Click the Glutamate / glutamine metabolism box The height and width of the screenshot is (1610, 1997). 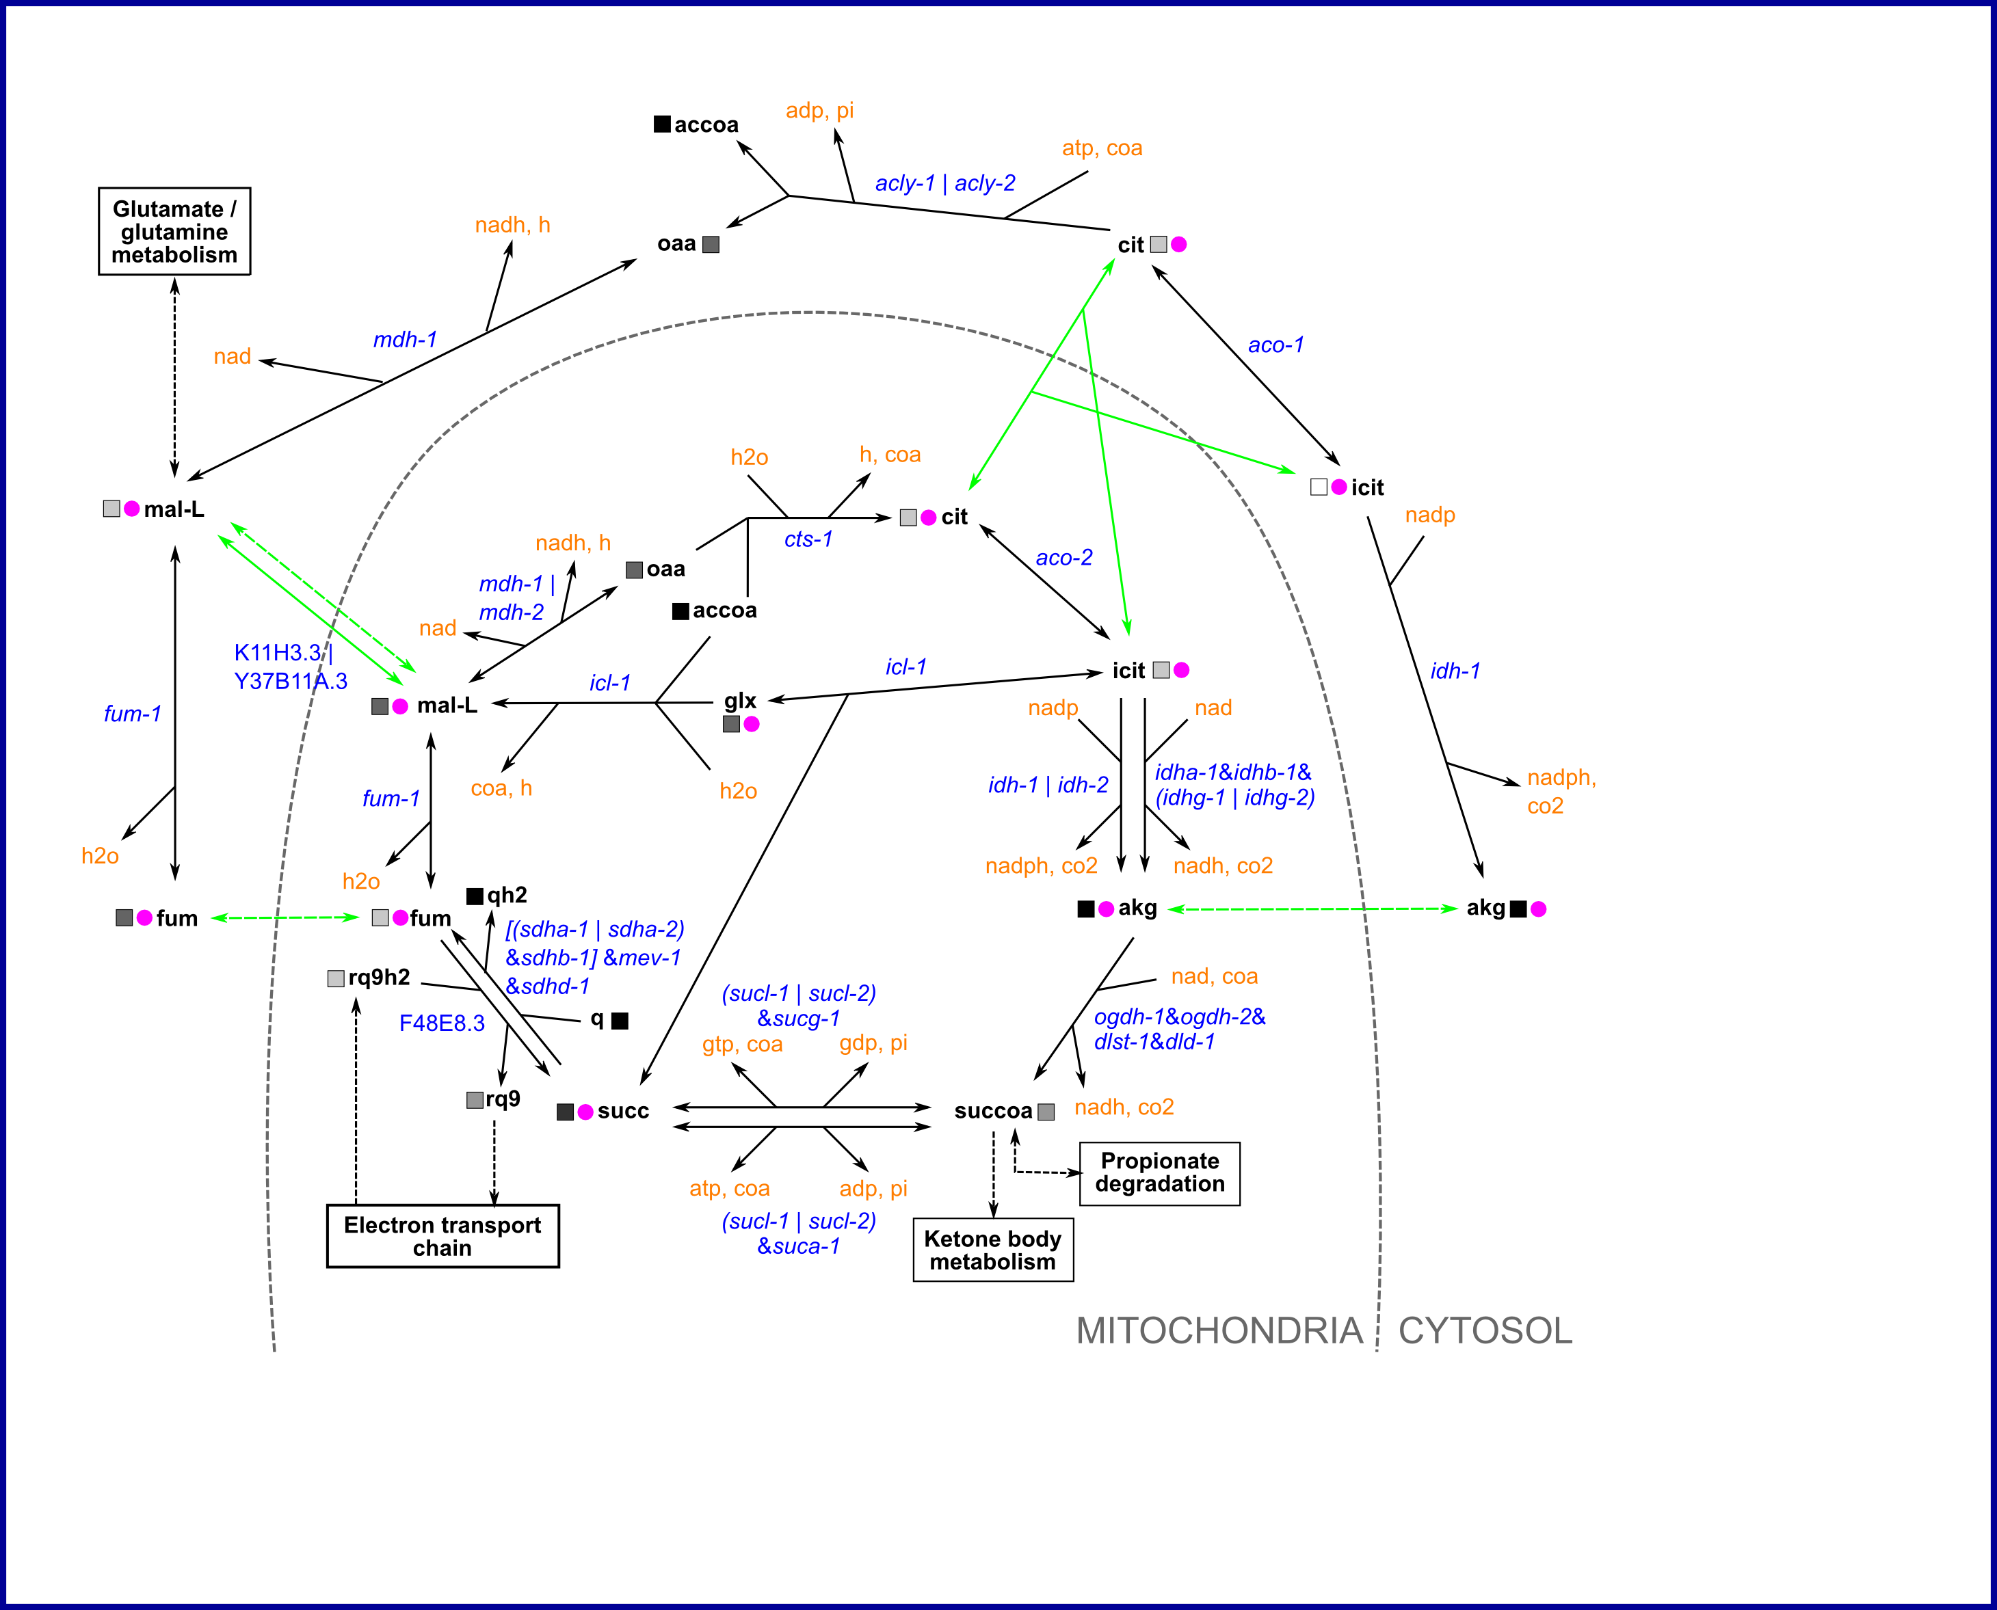[174, 232]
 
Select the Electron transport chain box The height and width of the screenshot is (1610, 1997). [442, 1235]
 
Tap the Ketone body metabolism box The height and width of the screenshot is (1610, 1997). [992, 1250]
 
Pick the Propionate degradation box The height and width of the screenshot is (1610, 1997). [1159, 1173]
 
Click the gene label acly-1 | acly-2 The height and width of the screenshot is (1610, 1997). [944, 183]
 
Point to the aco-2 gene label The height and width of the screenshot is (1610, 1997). [1064, 557]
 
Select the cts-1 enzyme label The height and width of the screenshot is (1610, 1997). [808, 539]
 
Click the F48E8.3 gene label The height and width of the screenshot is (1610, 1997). [442, 1023]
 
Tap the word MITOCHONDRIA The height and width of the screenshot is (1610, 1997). [1219, 1331]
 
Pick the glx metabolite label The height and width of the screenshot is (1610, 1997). [740, 700]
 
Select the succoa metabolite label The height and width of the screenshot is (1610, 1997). [992, 1110]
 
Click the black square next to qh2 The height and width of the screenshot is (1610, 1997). [474, 895]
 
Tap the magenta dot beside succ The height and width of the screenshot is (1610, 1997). [585, 1112]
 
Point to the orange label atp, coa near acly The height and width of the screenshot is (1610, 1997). [1102, 148]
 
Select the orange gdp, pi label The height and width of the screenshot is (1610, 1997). [873, 1043]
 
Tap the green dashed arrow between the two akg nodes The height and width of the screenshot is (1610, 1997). [1312, 909]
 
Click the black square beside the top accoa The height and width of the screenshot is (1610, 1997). [662, 124]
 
